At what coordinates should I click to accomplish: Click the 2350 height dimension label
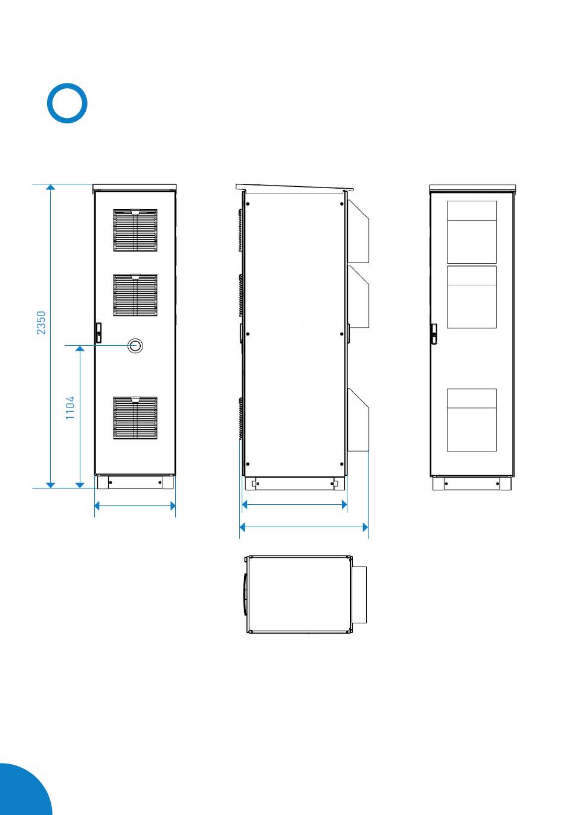(41, 322)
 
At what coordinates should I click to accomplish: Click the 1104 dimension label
(70, 408)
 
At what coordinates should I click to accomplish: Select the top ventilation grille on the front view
(135, 230)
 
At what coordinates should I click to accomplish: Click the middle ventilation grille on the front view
(135, 295)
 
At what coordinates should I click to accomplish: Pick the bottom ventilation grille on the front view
(135, 418)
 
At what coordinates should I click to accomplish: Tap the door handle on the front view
(98, 333)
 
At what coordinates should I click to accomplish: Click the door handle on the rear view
(434, 334)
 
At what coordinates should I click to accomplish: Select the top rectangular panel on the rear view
(471, 232)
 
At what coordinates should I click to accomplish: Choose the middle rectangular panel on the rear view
(471, 297)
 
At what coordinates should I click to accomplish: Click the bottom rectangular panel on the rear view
(471, 420)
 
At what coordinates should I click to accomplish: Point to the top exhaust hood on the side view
(359, 231)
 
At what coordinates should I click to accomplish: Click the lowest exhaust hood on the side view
(359, 420)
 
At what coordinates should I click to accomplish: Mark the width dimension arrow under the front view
(135, 505)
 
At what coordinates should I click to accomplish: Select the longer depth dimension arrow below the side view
(303, 527)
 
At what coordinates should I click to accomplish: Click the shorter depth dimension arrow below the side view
(294, 504)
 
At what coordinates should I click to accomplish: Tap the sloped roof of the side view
(294, 188)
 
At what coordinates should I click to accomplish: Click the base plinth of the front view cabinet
(135, 482)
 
